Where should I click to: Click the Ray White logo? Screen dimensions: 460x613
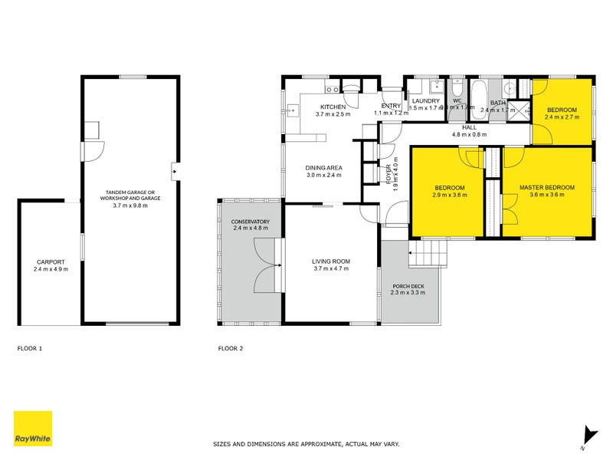33,429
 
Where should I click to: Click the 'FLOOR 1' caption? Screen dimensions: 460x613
30,349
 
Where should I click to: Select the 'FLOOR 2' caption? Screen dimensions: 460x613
231,349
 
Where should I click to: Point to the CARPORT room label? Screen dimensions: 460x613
51,261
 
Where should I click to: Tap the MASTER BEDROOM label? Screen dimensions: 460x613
546,187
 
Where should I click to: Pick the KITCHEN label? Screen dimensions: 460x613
333,107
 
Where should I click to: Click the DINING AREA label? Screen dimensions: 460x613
323,168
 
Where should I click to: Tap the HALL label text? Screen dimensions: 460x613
469,127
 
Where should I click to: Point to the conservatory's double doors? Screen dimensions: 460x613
266,264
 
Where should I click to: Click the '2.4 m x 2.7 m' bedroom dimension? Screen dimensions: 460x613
562,117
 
